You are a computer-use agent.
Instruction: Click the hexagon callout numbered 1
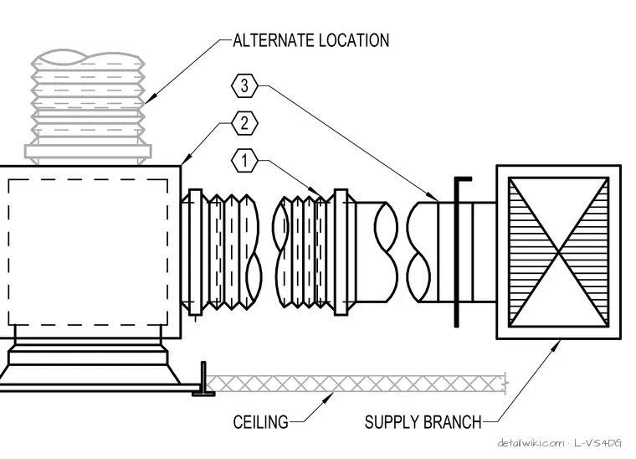[244, 161]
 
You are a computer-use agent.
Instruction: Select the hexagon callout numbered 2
[244, 123]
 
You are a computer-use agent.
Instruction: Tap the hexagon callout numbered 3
[244, 85]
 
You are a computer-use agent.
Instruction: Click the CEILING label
[261, 422]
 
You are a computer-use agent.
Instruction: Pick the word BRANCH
[451, 422]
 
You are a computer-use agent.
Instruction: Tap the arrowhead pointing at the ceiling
[329, 398]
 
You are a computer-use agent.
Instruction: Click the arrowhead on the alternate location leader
[151, 99]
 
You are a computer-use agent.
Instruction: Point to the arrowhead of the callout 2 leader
[187, 160]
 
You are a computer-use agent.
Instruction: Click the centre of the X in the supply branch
[559, 252]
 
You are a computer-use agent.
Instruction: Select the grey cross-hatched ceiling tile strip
[357, 384]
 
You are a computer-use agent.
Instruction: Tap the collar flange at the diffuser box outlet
[196, 252]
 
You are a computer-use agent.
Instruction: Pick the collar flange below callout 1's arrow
[341, 252]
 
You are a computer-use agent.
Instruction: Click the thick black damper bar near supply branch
[457, 251]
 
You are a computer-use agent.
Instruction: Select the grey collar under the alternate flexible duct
[88, 152]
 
